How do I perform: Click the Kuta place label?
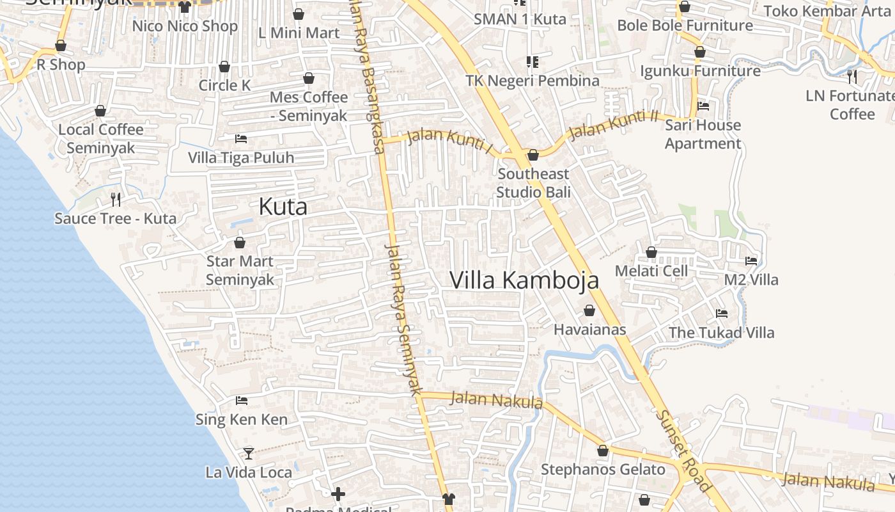coord(283,207)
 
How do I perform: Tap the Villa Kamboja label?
coord(524,280)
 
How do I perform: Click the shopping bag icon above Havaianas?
coord(589,311)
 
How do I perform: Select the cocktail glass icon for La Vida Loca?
coord(249,454)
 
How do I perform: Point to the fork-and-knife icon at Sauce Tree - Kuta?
coord(116,200)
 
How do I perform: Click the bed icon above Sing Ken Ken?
coord(242,401)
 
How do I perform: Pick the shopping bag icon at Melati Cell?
coord(651,253)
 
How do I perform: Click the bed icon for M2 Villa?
coord(751,261)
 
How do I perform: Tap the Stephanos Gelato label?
coord(603,469)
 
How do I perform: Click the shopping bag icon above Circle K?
coord(224,67)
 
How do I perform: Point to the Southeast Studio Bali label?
coord(533,182)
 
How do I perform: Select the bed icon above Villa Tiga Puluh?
coord(241,139)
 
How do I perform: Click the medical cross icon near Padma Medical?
coord(338,493)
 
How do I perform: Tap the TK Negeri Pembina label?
coord(533,81)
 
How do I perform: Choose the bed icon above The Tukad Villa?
coord(722,314)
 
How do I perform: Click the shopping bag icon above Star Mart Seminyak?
coord(240,243)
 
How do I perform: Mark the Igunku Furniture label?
coord(700,70)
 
